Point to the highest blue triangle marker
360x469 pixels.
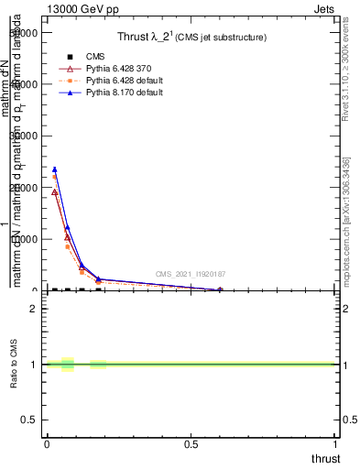click(54, 169)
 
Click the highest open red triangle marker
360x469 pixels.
click(54, 192)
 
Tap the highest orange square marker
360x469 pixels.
click(54, 176)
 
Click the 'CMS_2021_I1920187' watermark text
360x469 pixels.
click(190, 274)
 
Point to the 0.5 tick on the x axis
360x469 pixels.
click(191, 444)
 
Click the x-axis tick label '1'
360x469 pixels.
click(336, 444)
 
